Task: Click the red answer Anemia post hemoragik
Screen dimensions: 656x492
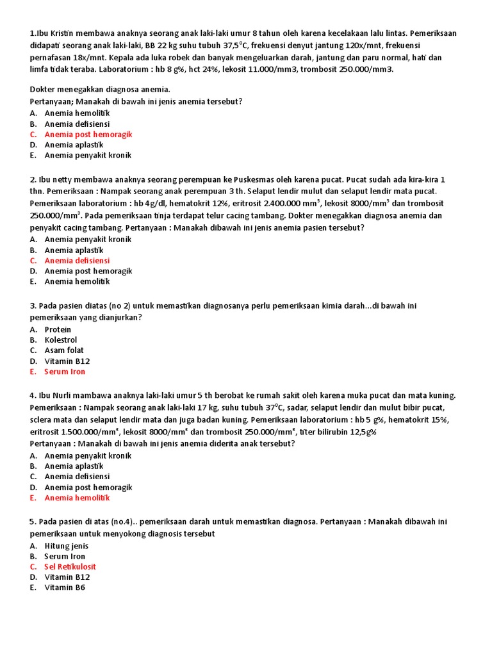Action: coord(88,135)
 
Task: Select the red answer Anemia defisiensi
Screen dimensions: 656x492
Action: coord(77,261)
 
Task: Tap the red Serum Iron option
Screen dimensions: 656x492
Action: coord(65,372)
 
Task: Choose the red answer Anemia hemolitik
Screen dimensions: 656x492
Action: coord(77,498)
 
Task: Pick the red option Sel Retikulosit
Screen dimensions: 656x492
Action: coord(70,567)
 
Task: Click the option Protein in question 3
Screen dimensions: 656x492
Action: coord(58,329)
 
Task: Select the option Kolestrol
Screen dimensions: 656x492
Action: coord(61,340)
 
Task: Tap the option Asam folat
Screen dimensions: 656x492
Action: coord(63,350)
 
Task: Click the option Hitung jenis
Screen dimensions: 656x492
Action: coord(67,546)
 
